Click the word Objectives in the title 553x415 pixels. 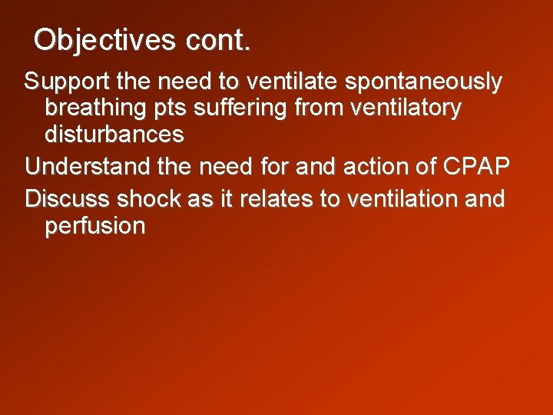tap(104, 40)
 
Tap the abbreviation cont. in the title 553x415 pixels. tap(217, 40)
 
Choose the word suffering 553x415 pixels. tap(242, 109)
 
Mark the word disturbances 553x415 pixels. tap(114, 135)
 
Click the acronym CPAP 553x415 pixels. tap(476, 167)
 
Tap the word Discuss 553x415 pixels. tap(68, 198)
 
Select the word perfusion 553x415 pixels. tap(95, 227)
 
